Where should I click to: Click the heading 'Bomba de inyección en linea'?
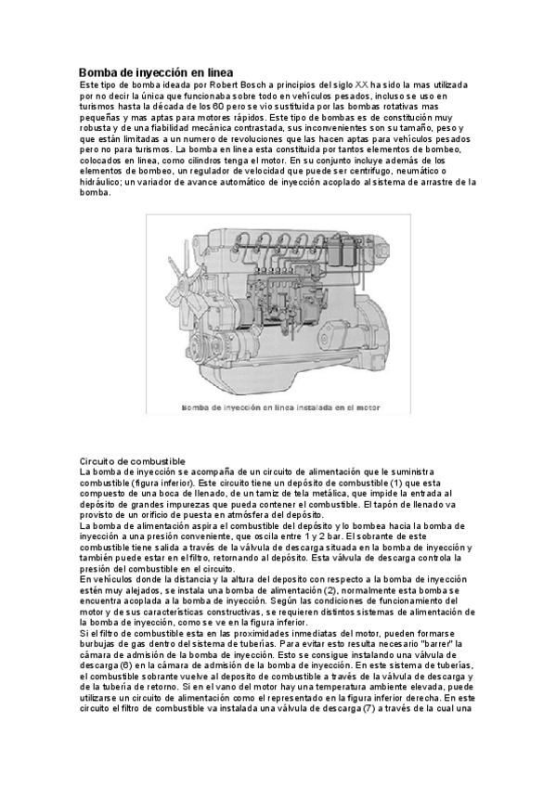[x=156, y=71]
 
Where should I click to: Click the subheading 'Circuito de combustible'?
[x=133, y=461]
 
